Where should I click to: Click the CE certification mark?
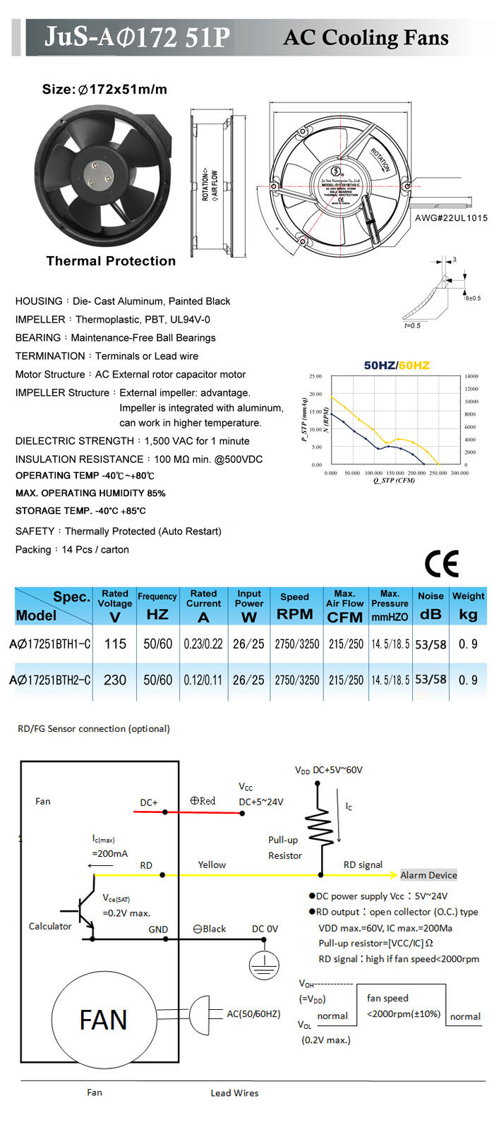coord(442,563)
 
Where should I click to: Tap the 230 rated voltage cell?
coord(115,680)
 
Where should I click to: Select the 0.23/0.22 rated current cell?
coord(203,644)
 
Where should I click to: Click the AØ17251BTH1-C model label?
coord(50,644)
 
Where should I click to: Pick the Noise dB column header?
coord(430,606)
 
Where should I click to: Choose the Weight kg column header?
coord(468,606)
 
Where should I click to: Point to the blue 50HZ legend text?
coord(379,365)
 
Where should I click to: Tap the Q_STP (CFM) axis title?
coord(394,481)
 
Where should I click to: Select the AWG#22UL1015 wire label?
coord(451,218)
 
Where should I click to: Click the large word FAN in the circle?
coord(103,1020)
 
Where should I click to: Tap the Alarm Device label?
coord(428,875)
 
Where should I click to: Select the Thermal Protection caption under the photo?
coord(111,261)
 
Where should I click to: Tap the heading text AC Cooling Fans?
coord(366,37)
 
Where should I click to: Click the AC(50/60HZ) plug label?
coord(253,1014)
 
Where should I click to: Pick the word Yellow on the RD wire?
coord(212,865)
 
